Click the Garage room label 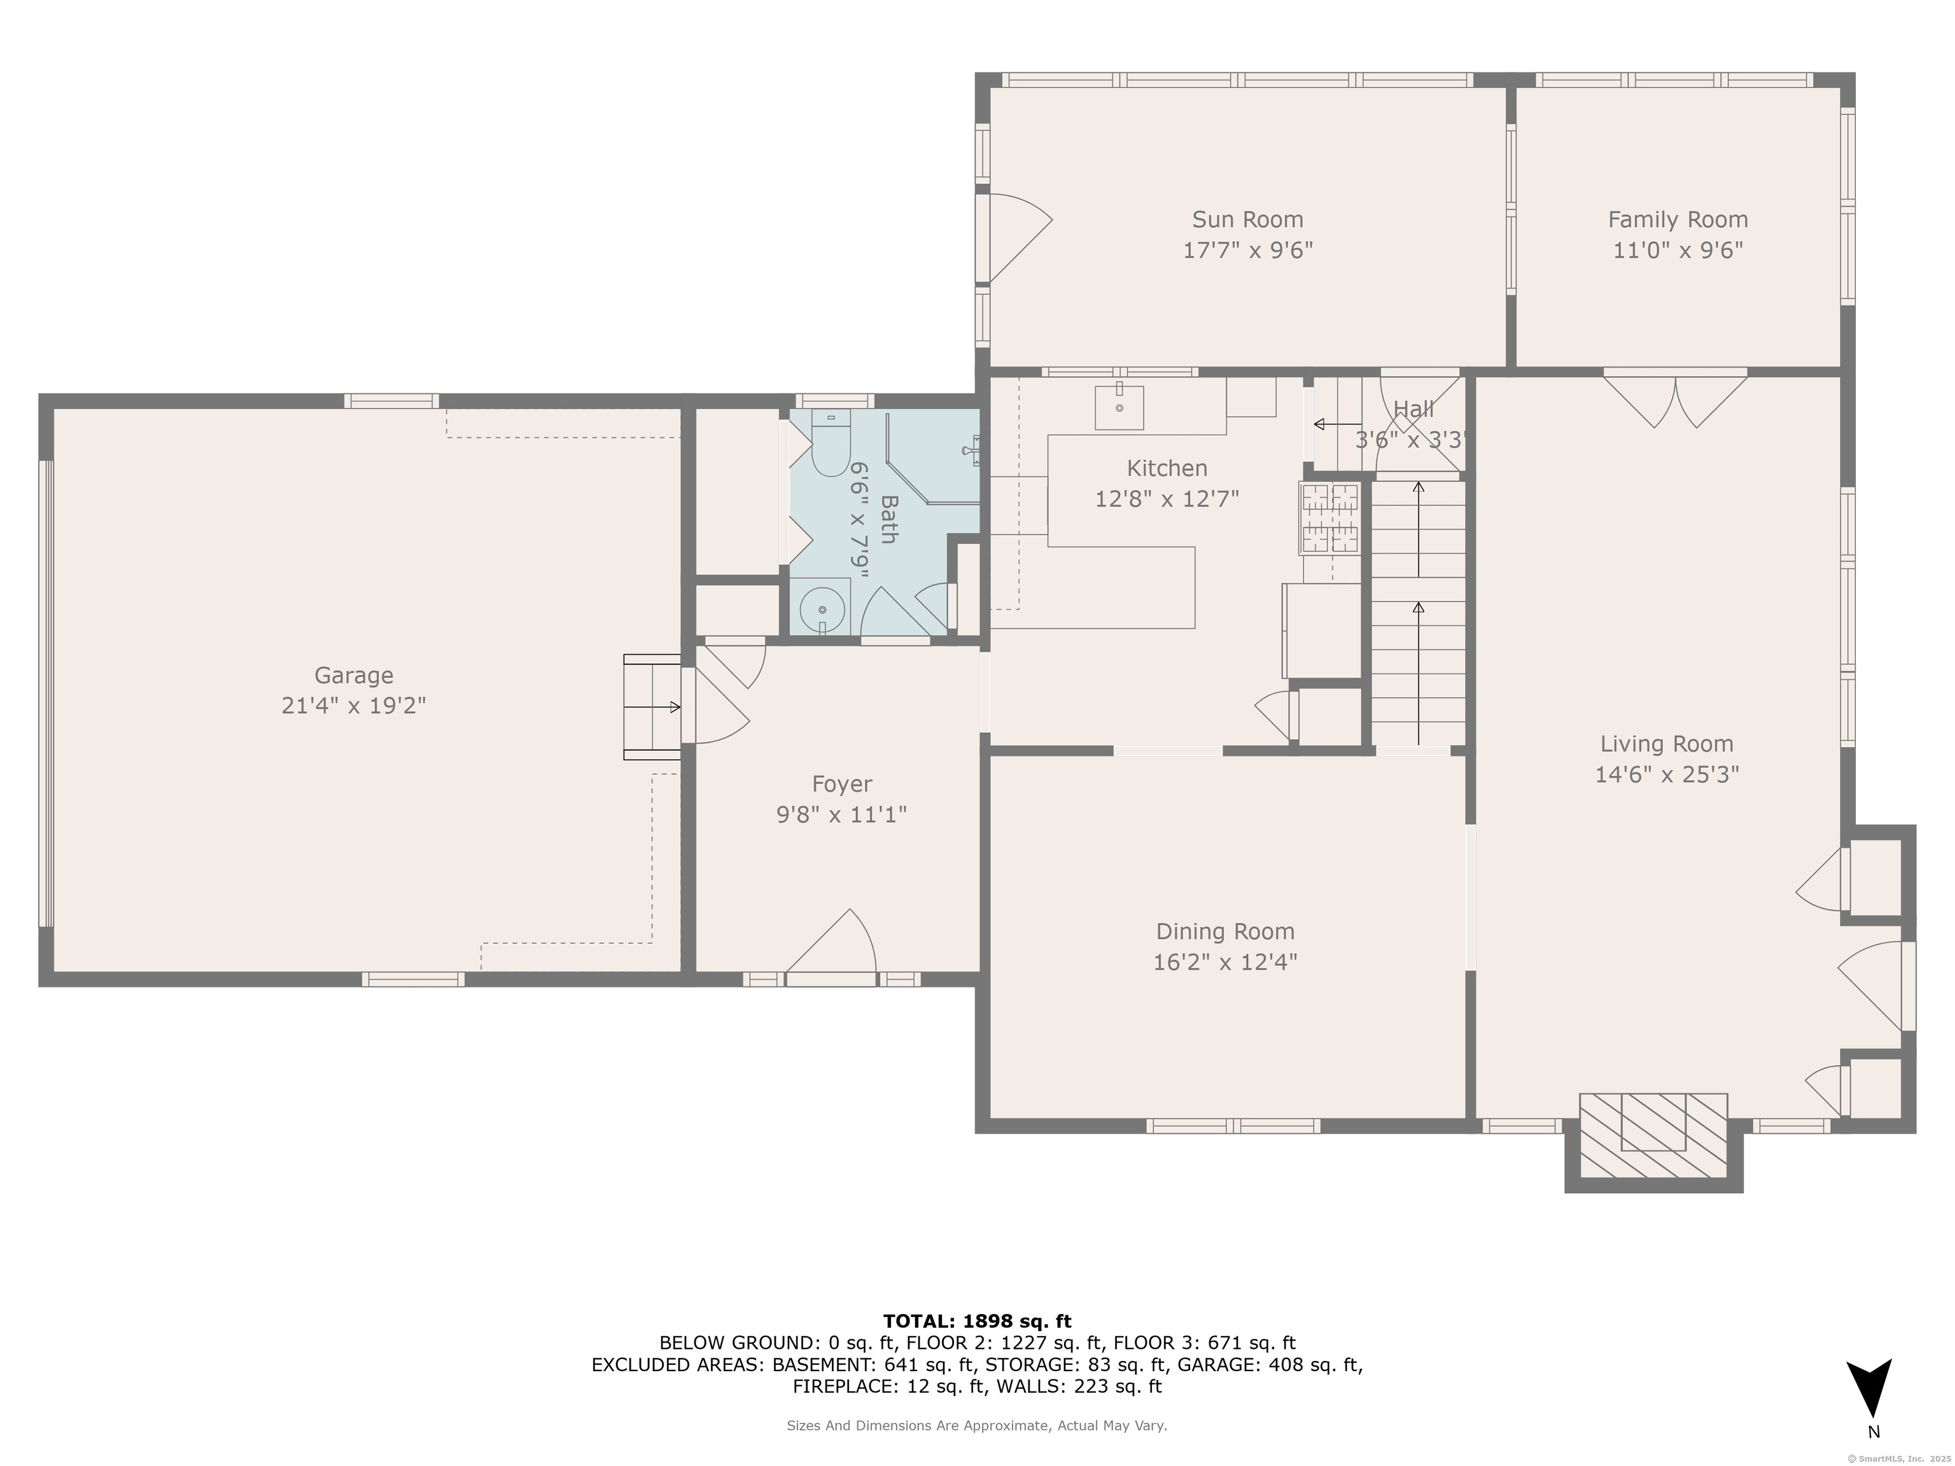pos(354,675)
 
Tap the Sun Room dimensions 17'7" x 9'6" pos(1247,250)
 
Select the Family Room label pos(1678,219)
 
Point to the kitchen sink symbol pos(1119,407)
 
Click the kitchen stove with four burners pos(1329,518)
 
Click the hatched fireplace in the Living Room pos(1653,1136)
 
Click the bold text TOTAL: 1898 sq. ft pos(977,1321)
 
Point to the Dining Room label pos(1225,932)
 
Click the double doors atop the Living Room pos(1675,400)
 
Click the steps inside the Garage pos(652,706)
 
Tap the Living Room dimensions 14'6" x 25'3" pos(1666,774)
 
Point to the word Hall pos(1413,409)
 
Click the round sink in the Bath pos(822,610)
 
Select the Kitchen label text pos(1167,468)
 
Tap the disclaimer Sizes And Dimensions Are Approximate pos(977,1425)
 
